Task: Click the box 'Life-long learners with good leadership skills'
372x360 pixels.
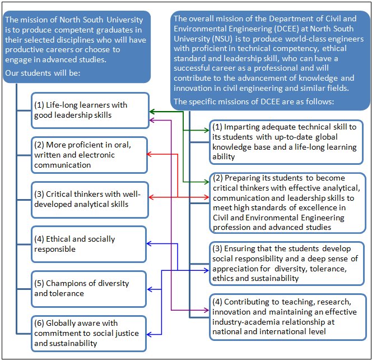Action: click(x=90, y=109)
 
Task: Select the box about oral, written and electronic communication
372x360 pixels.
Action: click(x=90, y=154)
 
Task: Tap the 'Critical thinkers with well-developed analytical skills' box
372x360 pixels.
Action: click(x=90, y=199)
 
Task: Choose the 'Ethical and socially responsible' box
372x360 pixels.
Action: click(x=90, y=243)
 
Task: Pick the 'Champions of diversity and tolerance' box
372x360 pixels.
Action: click(x=90, y=288)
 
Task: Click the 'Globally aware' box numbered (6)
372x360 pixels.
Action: click(x=90, y=333)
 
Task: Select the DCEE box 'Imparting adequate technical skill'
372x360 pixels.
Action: click(x=286, y=142)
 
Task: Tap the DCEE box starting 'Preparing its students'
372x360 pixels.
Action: click(x=286, y=202)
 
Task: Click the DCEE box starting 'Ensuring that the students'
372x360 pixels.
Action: click(x=286, y=263)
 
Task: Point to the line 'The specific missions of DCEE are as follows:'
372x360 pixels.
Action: click(x=254, y=101)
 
